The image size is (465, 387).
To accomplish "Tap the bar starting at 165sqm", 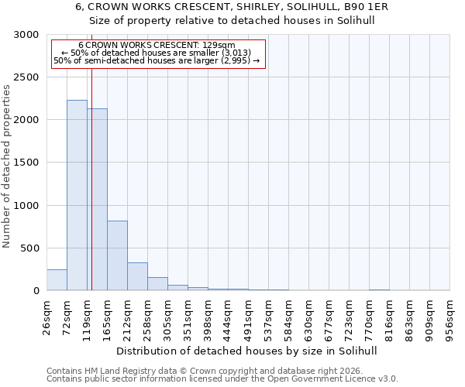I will coord(117,255).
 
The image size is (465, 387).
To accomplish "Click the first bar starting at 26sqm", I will coord(57,280).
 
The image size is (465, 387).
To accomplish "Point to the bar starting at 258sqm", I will coord(157,284).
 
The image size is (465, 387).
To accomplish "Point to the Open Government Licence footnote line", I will coord(222,379).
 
